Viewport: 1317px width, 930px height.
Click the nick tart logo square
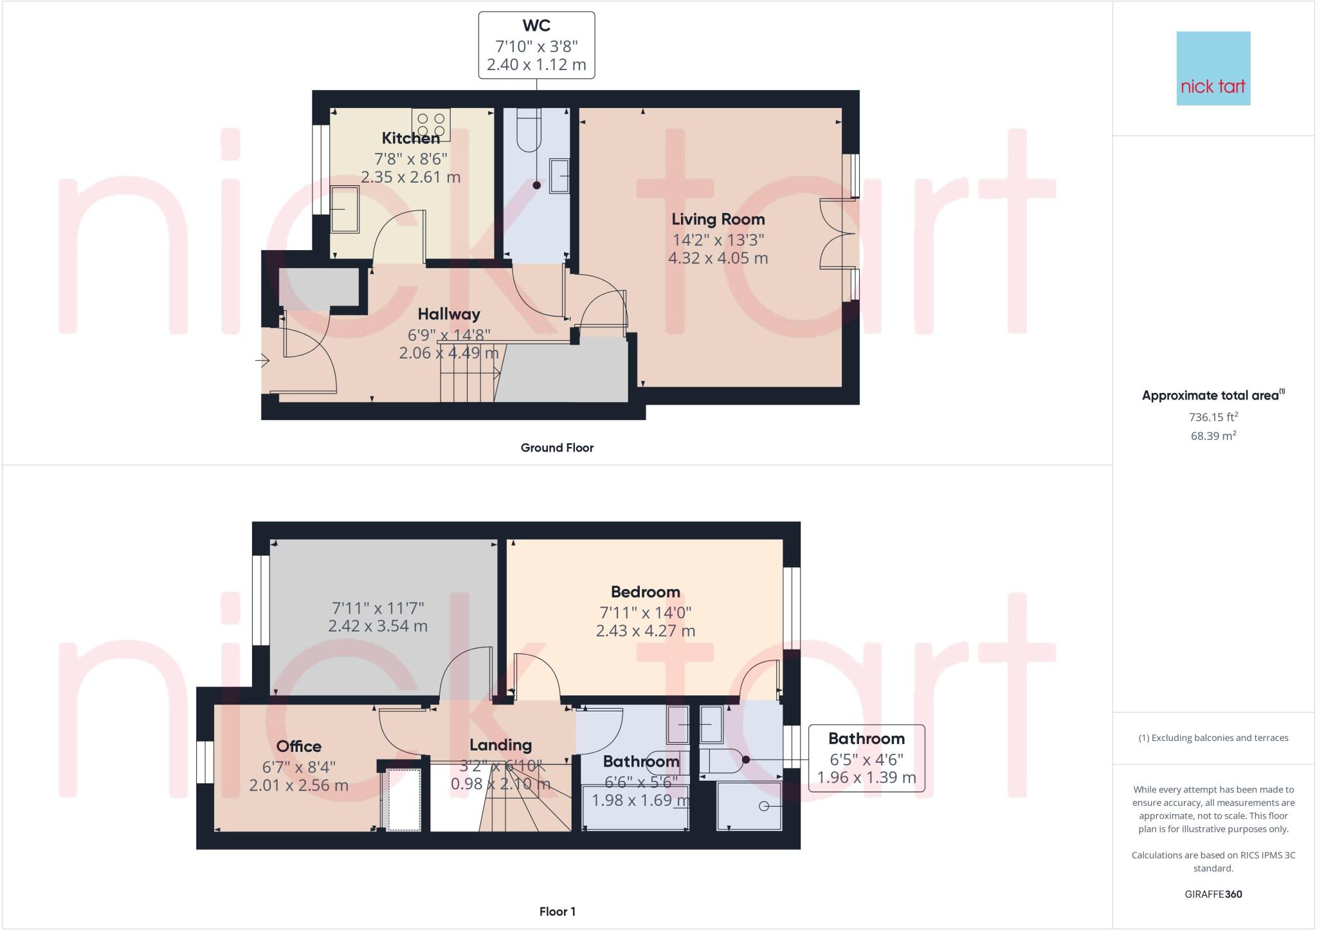(1213, 68)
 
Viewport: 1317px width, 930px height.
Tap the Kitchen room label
(411, 138)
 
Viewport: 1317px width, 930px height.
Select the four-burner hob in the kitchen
(431, 124)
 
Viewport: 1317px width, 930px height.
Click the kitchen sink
(345, 209)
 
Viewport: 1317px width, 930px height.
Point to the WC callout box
(536, 45)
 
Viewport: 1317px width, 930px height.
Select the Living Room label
(718, 219)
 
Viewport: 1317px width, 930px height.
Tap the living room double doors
(837, 233)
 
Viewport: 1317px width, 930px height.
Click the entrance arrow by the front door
(262, 361)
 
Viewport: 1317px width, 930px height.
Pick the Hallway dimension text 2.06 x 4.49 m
(448, 353)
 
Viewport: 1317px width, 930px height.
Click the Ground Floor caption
(557, 448)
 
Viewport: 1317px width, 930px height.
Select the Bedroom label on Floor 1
(645, 592)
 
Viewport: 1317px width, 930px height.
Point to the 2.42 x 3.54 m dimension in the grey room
(377, 626)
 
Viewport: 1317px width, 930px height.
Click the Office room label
(298, 746)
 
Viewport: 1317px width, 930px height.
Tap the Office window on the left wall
(204, 762)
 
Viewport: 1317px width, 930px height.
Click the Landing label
(500, 745)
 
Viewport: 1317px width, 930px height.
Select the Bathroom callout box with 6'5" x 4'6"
(866, 758)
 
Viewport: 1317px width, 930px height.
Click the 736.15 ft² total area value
(1213, 417)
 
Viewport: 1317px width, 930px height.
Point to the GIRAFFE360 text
(1213, 894)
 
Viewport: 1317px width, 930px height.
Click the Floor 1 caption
(557, 911)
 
